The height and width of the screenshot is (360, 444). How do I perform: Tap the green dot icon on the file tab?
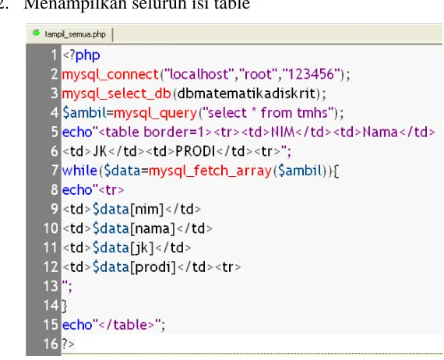[37, 34]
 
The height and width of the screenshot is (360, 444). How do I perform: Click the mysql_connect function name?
[110, 75]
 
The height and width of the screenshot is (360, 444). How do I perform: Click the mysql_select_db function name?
[117, 94]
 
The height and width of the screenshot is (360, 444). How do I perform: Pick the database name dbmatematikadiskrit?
[247, 94]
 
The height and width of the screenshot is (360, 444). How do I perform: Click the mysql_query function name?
[155, 113]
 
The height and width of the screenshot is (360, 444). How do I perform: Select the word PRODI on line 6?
[196, 151]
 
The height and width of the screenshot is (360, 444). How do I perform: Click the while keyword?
[79, 171]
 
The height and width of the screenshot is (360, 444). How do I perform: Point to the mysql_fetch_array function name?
[210, 171]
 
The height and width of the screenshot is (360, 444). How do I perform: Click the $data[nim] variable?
[129, 210]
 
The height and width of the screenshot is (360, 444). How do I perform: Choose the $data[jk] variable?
[123, 248]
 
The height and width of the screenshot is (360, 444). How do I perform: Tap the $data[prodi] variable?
[134, 267]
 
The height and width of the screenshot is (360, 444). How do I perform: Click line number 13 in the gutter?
[51, 286]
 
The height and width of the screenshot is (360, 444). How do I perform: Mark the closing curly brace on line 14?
[65, 306]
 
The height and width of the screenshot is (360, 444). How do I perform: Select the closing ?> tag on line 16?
[69, 344]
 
